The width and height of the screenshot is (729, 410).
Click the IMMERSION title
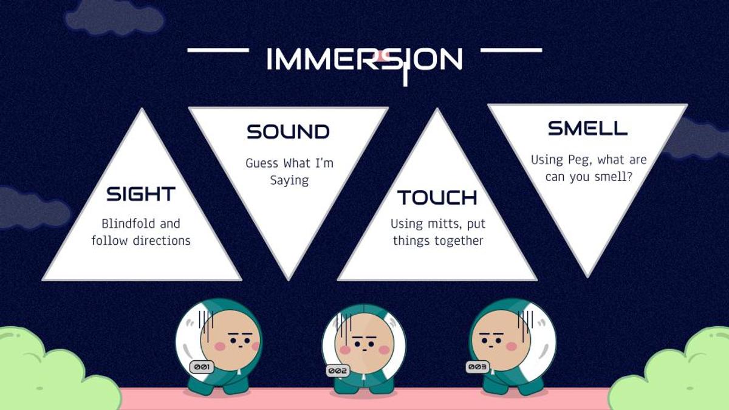364,60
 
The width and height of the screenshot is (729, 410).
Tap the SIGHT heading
141,194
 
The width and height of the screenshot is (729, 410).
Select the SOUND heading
288,132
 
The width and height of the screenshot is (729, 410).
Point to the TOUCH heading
437,197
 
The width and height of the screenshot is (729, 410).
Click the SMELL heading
588,128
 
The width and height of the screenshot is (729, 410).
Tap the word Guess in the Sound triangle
262,163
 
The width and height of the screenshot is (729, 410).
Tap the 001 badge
202,367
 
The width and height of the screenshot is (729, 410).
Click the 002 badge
338,371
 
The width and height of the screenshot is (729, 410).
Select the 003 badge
477,367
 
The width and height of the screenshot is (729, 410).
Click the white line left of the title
218,50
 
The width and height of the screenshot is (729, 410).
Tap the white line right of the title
512,50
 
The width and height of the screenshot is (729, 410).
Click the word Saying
289,180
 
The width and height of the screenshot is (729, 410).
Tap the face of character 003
501,340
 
